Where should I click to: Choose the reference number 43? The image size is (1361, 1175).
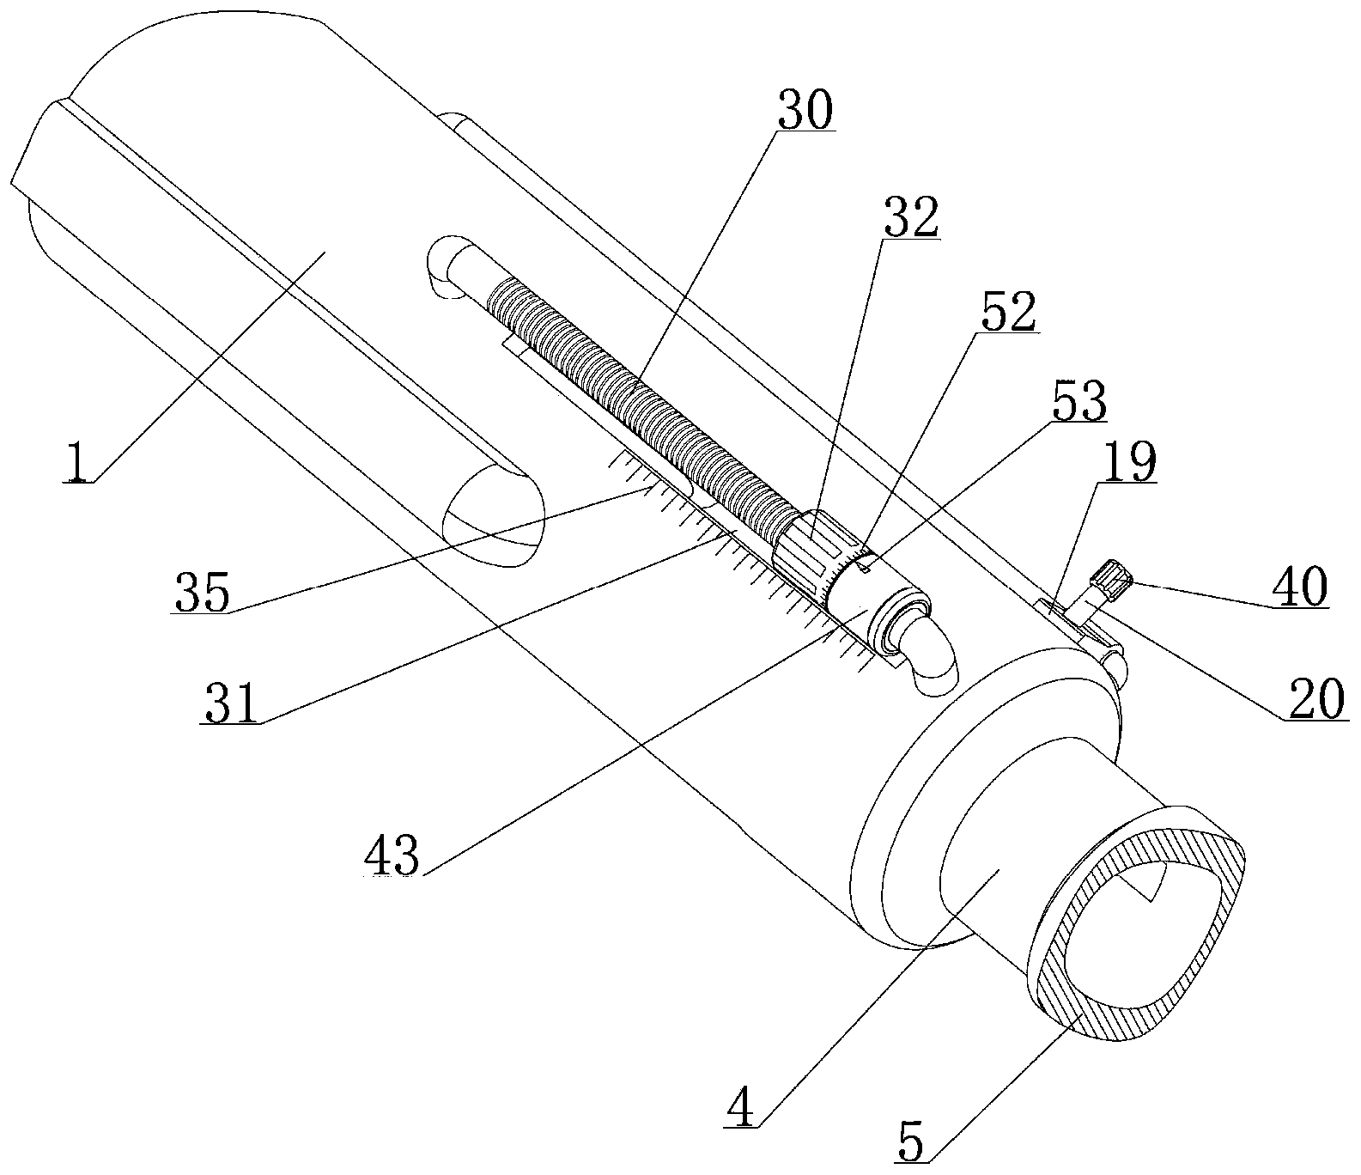pos(393,854)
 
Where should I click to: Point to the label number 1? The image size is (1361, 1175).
pos(79,463)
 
